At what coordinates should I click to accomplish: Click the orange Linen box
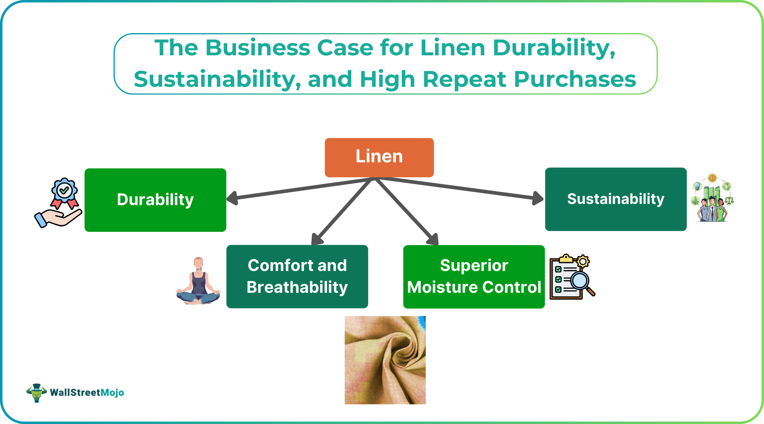379,157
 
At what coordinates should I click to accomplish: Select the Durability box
155,200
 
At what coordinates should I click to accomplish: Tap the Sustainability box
616,199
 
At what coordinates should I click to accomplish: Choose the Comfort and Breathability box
297,277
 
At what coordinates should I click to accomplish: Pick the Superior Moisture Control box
474,277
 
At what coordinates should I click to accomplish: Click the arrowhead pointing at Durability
232,198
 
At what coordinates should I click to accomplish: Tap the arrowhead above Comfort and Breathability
317,239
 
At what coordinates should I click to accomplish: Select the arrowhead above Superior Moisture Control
433,239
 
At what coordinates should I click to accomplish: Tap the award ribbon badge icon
64,193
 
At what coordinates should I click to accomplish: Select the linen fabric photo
385,360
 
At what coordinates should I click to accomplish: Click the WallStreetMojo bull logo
37,393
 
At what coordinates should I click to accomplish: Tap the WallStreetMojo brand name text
87,393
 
